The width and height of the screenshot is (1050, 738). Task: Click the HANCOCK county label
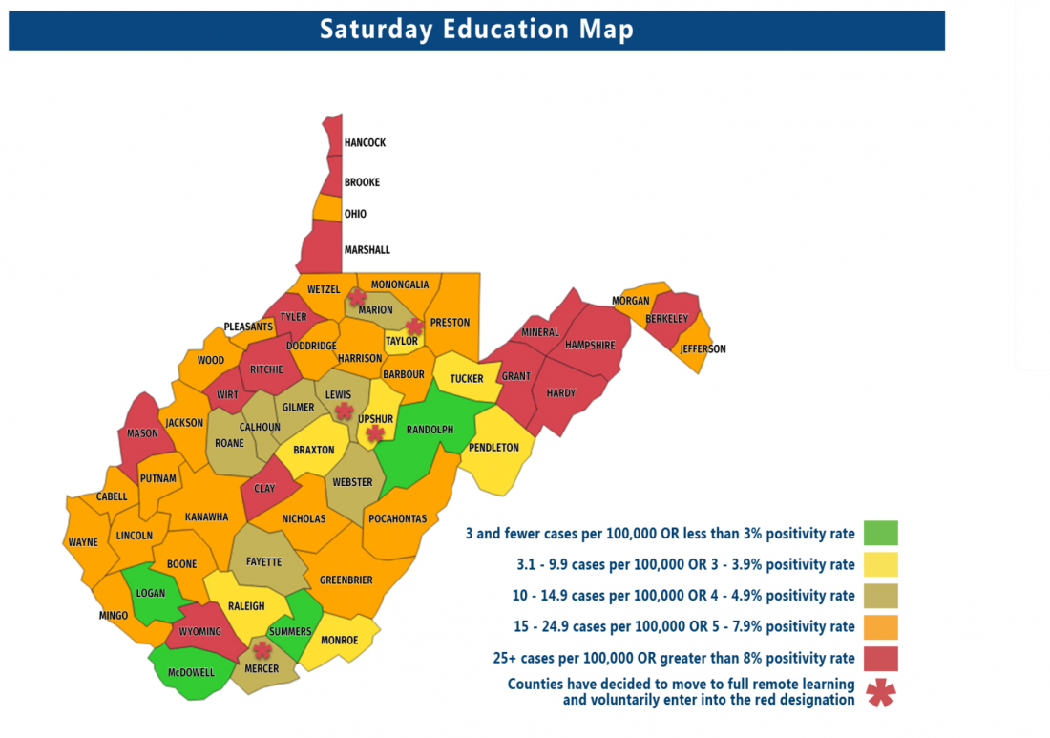click(x=365, y=143)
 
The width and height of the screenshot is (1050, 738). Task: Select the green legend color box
click(x=880, y=533)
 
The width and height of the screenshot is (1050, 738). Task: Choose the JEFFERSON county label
click(x=703, y=349)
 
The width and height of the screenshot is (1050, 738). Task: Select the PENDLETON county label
click(x=493, y=448)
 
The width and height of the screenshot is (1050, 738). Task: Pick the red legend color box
click(x=880, y=659)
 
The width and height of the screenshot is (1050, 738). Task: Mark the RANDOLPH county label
click(x=430, y=430)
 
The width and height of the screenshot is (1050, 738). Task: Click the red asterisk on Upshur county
click(x=375, y=433)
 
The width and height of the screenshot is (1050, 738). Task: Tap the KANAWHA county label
click(x=206, y=517)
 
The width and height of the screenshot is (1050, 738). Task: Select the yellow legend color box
click(x=880, y=564)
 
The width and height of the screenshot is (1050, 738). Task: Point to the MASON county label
click(x=143, y=433)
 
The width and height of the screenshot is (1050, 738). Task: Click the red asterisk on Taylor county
click(x=414, y=327)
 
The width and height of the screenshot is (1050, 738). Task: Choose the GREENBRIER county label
click(x=346, y=580)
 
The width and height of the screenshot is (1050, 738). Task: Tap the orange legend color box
click(x=880, y=627)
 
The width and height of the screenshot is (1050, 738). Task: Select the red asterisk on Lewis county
click(x=344, y=411)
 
